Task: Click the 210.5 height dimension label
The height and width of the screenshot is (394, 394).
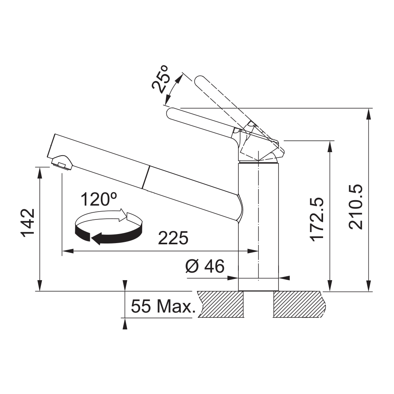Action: [x=356, y=207]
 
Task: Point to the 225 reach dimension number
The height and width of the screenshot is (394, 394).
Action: [x=173, y=238]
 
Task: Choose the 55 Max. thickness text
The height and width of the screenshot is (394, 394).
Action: [x=164, y=306]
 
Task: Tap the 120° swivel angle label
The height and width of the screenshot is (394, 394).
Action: [x=99, y=199]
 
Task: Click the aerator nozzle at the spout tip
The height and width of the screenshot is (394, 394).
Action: [x=62, y=163]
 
